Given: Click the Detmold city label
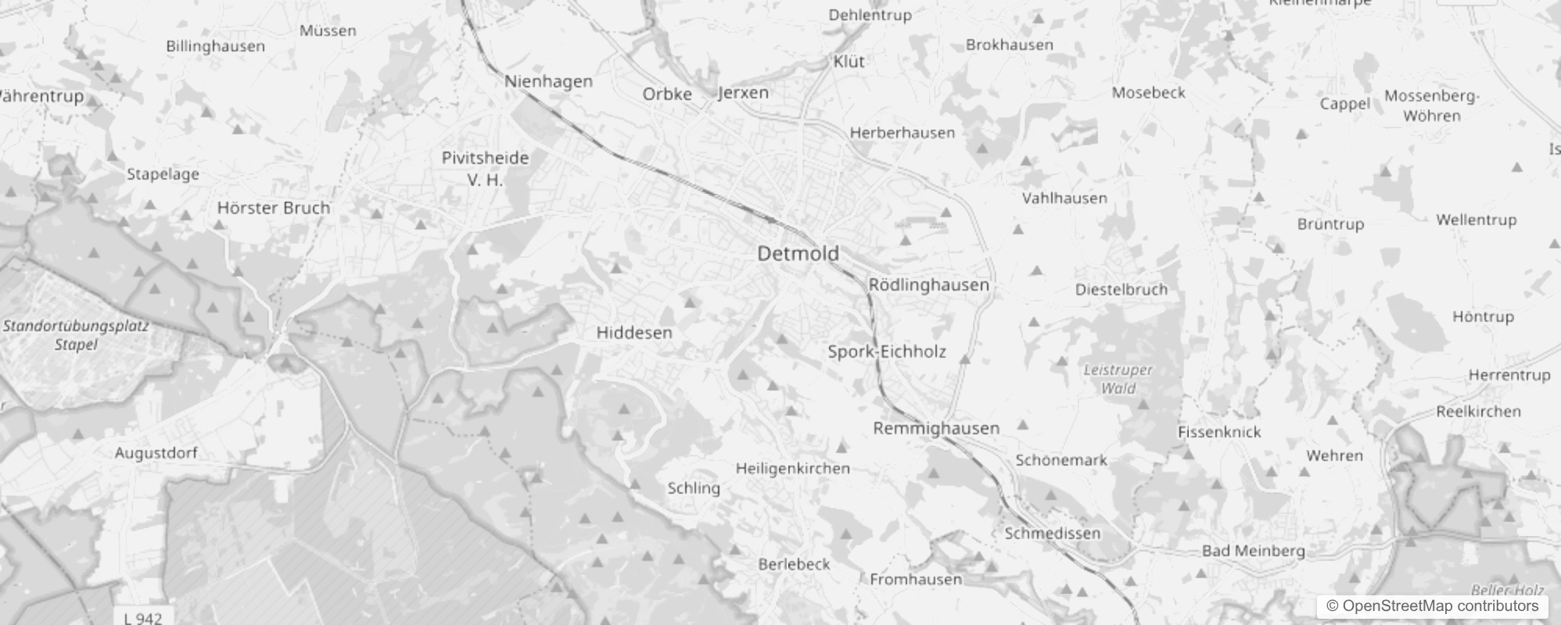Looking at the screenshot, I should point(798,253).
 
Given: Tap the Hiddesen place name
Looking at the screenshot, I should point(634,333).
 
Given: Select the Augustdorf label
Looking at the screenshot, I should point(156,453).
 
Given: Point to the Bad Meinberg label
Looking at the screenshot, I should point(1253,551).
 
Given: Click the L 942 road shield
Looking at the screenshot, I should point(143,617).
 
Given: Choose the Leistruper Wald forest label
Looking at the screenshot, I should point(1118,379).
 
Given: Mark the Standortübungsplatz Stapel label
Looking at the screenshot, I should point(76,335).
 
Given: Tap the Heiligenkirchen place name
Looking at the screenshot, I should point(792,469).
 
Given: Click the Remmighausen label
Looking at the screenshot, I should point(936,428).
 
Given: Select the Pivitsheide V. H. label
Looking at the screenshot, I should point(485,168).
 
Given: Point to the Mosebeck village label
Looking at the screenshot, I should point(1148,93).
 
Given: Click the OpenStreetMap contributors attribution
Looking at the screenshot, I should point(1432,606).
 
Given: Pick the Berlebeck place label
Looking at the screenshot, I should point(794,564).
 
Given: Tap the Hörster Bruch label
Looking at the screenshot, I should point(274,208).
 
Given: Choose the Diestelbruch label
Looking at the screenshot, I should point(1121,290).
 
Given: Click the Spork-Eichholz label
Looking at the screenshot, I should point(887,352).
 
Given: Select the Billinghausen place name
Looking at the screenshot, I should point(215,46).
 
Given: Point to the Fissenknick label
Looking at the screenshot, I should point(1219,432).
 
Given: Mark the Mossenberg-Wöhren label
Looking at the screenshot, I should point(1431,106).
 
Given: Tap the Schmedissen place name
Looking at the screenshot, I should point(1052,534).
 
